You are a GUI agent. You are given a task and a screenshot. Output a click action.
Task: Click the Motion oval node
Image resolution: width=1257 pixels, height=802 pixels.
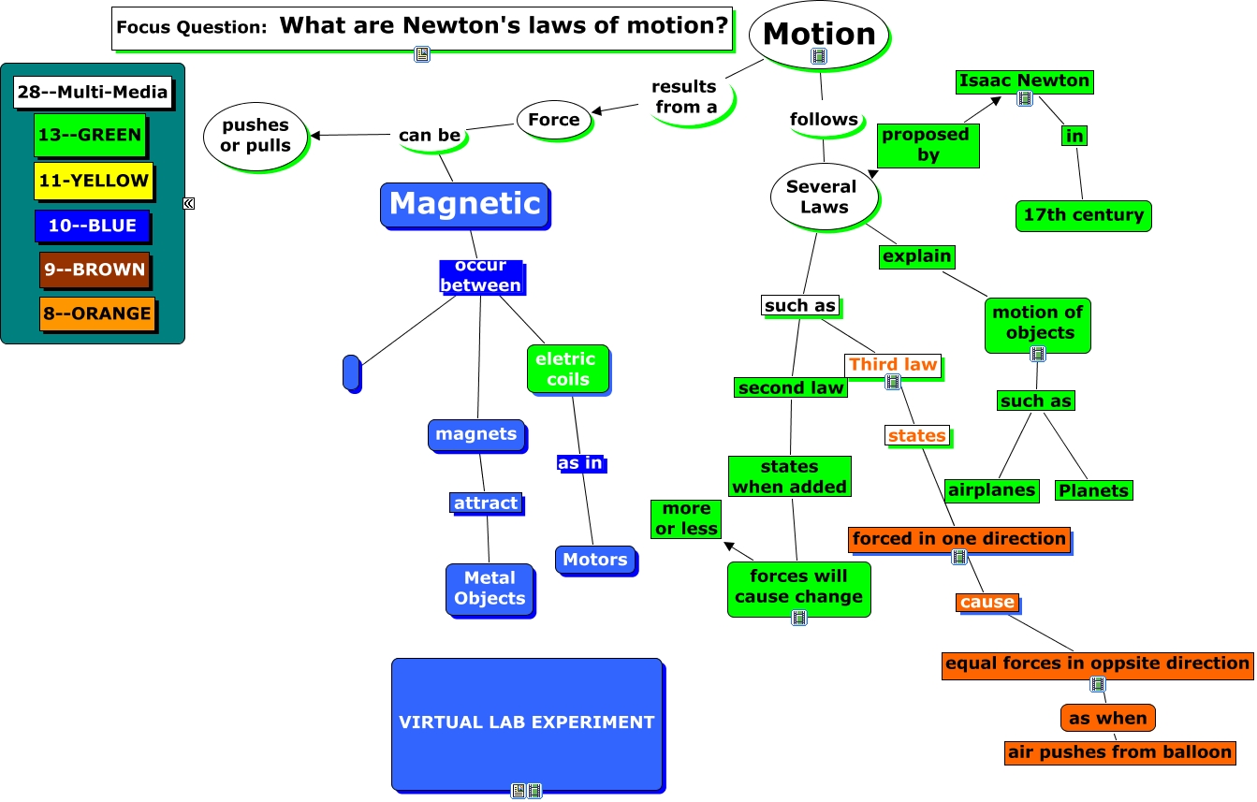click(x=819, y=35)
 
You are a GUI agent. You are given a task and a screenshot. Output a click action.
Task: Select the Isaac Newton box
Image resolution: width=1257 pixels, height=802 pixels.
click(x=1025, y=80)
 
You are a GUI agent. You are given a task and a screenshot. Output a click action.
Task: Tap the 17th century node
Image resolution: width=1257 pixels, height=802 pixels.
click(x=1084, y=215)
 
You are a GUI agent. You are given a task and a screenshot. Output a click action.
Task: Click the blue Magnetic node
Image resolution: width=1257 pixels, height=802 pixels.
click(x=464, y=205)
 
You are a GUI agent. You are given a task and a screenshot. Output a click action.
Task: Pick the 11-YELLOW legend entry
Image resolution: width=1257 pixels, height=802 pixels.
click(x=94, y=181)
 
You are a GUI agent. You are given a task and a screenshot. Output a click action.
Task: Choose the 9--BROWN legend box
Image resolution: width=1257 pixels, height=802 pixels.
click(x=95, y=270)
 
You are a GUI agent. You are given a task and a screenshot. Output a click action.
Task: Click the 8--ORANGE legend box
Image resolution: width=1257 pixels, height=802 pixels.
click(x=97, y=314)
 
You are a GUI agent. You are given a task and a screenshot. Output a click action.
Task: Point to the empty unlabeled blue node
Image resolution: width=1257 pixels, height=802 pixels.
click(x=351, y=372)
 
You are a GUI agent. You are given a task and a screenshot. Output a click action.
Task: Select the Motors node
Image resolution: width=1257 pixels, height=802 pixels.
click(x=595, y=560)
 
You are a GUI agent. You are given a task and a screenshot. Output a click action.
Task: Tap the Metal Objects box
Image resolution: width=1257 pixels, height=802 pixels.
click(x=490, y=589)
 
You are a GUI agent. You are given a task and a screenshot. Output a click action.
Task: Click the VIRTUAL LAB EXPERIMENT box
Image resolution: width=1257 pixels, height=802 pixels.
click(x=527, y=724)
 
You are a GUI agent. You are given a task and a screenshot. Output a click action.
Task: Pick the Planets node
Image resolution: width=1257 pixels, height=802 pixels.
click(x=1094, y=490)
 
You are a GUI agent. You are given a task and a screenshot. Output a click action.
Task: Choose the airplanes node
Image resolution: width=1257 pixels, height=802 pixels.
click(x=991, y=490)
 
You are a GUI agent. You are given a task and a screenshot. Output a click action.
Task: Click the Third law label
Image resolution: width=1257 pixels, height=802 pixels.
click(x=893, y=365)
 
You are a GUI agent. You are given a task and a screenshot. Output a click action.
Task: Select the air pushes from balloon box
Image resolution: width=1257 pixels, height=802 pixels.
click(x=1119, y=752)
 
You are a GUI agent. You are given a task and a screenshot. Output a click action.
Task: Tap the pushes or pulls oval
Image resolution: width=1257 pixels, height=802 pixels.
click(x=256, y=136)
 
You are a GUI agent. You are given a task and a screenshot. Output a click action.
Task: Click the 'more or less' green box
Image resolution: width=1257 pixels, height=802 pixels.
click(x=686, y=519)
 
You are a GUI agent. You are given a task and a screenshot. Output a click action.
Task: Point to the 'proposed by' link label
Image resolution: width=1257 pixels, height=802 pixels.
click(x=928, y=145)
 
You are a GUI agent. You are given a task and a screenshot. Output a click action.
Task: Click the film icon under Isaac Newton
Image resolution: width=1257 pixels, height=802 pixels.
click(x=1025, y=99)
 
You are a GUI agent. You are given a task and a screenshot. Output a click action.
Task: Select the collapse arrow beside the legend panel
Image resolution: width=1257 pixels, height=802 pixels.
click(x=189, y=203)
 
